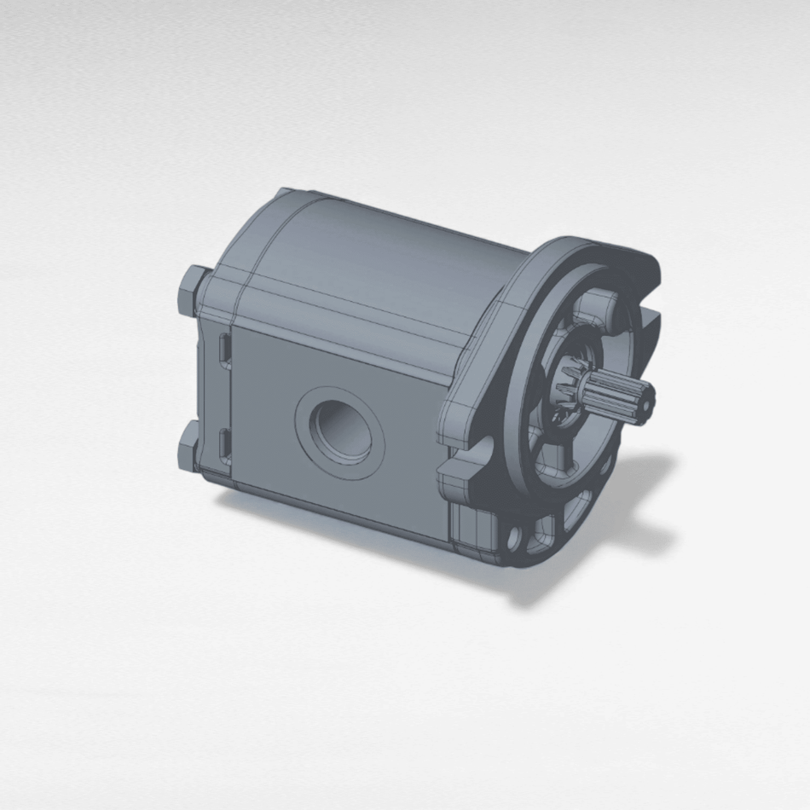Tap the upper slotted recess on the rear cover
click(223, 350)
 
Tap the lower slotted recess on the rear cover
click(224, 444)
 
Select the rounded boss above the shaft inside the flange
click(603, 306)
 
